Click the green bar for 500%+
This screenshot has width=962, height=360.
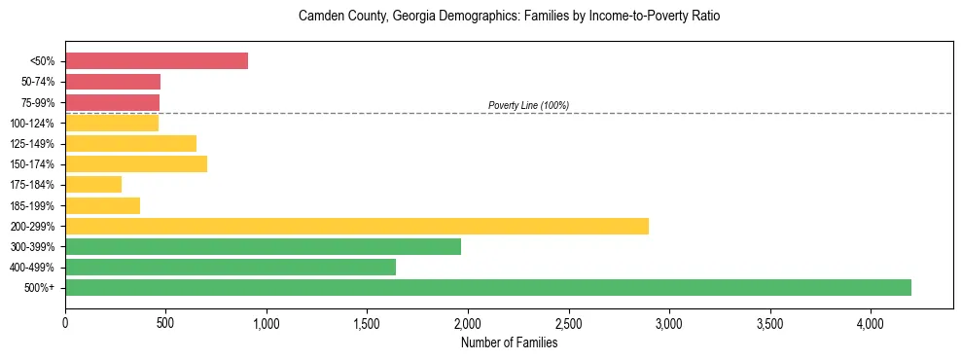click(x=488, y=287)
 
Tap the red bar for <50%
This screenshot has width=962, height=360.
click(x=157, y=60)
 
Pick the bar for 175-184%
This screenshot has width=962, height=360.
click(x=93, y=184)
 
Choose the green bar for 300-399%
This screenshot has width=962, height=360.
click(x=263, y=246)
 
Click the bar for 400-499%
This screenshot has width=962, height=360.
click(x=231, y=267)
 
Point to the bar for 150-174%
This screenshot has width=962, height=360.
click(x=136, y=163)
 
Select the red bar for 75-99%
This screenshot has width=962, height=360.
click(x=112, y=102)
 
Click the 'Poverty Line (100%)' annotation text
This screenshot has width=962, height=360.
click(x=528, y=105)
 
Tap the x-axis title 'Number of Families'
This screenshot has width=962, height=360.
click(x=509, y=342)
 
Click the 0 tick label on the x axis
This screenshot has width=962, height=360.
click(x=65, y=322)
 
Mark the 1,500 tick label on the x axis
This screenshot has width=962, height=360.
click(x=367, y=322)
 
